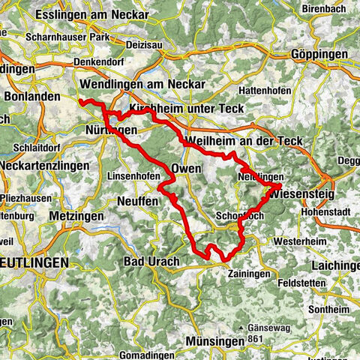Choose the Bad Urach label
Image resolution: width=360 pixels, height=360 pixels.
151,262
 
